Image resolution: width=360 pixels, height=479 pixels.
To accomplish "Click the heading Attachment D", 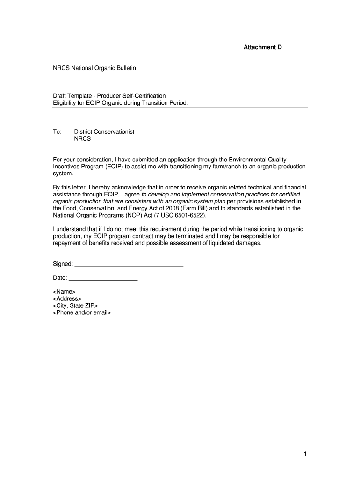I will point(262,47).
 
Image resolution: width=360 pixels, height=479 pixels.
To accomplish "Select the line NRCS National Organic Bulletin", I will point(94,68).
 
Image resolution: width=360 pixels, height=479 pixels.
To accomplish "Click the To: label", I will point(57,132).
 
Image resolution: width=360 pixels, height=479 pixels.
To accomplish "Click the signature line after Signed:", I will point(129,266).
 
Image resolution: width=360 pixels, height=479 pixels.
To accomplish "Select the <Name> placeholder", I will point(64,292).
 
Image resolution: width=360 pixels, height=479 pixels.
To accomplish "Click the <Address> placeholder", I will point(67,299).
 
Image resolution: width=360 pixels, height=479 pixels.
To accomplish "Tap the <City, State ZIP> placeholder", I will point(75,306).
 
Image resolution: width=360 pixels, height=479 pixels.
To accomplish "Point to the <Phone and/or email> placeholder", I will point(82,313).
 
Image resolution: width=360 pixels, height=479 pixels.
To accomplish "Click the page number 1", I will point(304,454).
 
